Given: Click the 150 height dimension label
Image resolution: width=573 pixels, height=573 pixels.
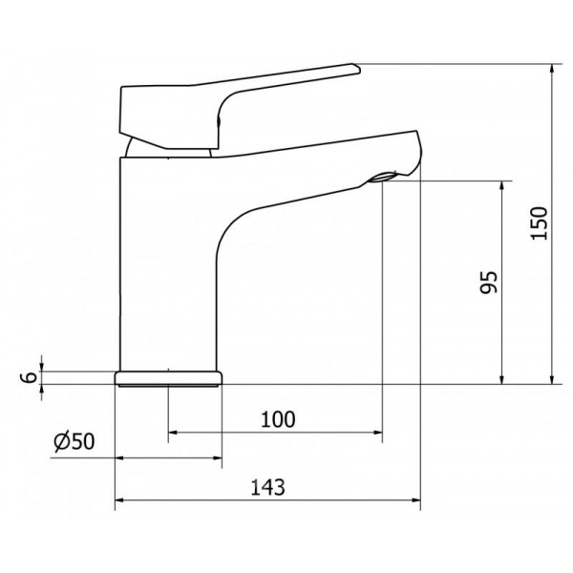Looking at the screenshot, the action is [x=540, y=223].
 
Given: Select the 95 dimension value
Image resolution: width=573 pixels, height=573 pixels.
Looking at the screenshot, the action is [x=489, y=282].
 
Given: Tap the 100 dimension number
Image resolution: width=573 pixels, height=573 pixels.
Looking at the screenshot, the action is [x=278, y=419].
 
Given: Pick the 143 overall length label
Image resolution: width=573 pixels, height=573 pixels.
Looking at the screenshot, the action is [x=267, y=487].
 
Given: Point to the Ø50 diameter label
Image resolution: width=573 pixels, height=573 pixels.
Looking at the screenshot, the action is [x=74, y=441].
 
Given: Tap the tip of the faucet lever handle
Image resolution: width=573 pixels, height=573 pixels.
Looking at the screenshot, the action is [x=358, y=69].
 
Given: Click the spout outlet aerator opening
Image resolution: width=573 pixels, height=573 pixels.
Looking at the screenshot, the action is [x=383, y=178].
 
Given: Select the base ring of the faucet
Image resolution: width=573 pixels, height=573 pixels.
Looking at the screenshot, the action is [x=168, y=378].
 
